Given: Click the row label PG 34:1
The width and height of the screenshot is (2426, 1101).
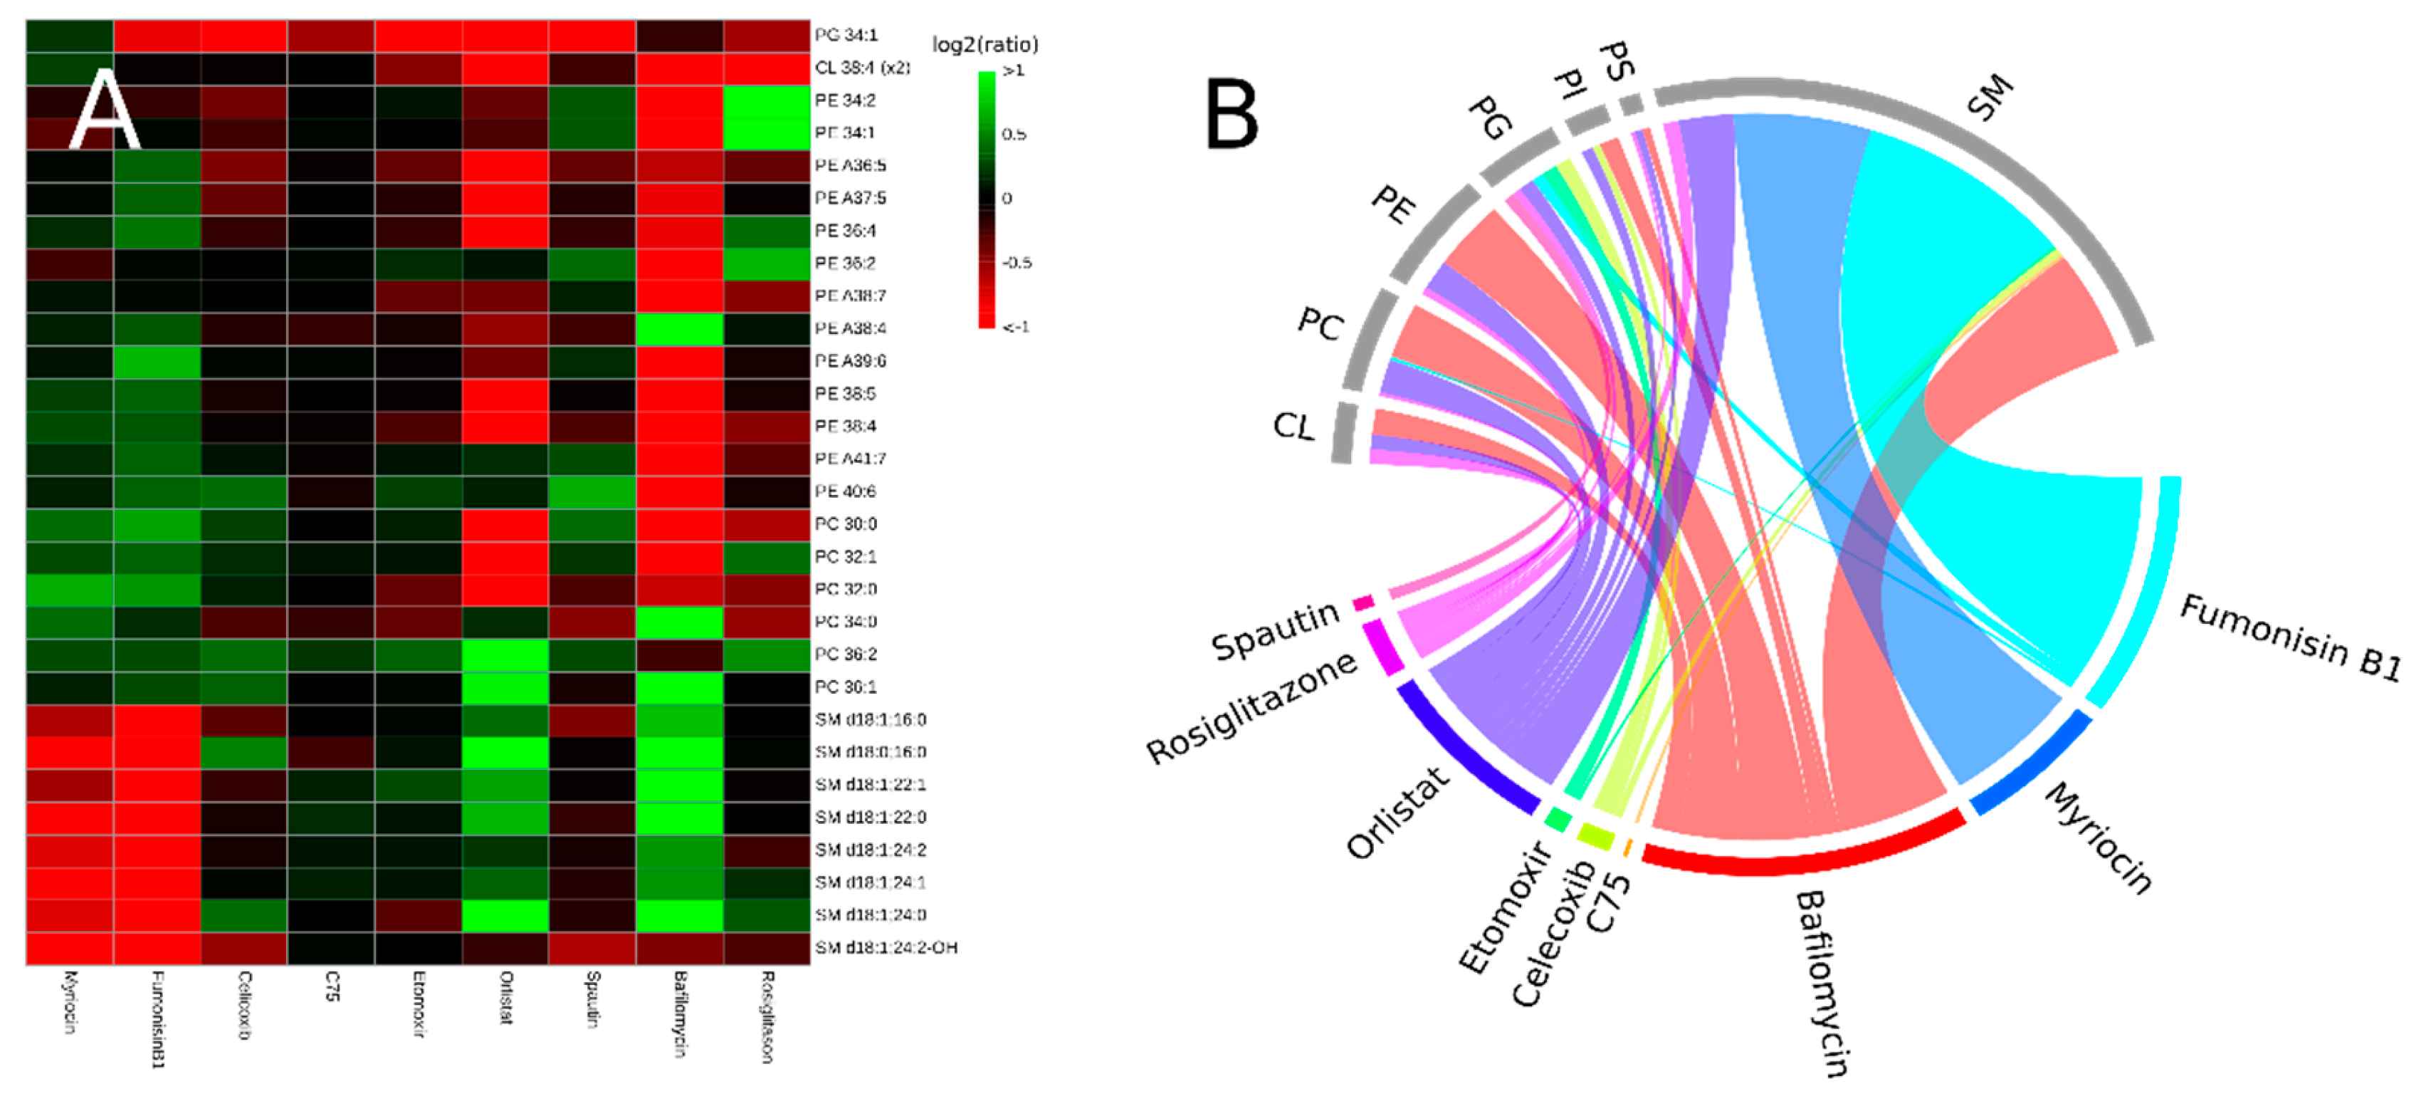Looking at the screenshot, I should tap(845, 35).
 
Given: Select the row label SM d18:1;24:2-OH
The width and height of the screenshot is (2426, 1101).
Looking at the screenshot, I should tap(886, 947).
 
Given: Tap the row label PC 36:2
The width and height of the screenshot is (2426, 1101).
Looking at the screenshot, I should tap(845, 654).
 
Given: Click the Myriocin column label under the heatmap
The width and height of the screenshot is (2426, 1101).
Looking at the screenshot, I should tap(70, 1002).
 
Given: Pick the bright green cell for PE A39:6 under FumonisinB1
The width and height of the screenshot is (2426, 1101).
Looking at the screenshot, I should tap(157, 362).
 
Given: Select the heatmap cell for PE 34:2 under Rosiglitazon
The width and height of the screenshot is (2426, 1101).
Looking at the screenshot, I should tap(767, 100).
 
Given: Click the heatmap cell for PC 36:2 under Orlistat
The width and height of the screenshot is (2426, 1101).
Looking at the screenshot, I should tap(505, 654).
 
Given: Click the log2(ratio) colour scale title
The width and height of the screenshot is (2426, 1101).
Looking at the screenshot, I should tap(984, 44).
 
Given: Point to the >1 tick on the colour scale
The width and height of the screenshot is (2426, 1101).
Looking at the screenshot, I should tap(1014, 71).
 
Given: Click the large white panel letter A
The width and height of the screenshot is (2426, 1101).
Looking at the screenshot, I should tap(104, 110).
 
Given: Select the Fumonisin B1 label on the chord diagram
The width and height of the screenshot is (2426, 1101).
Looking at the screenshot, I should tap(2290, 637).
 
